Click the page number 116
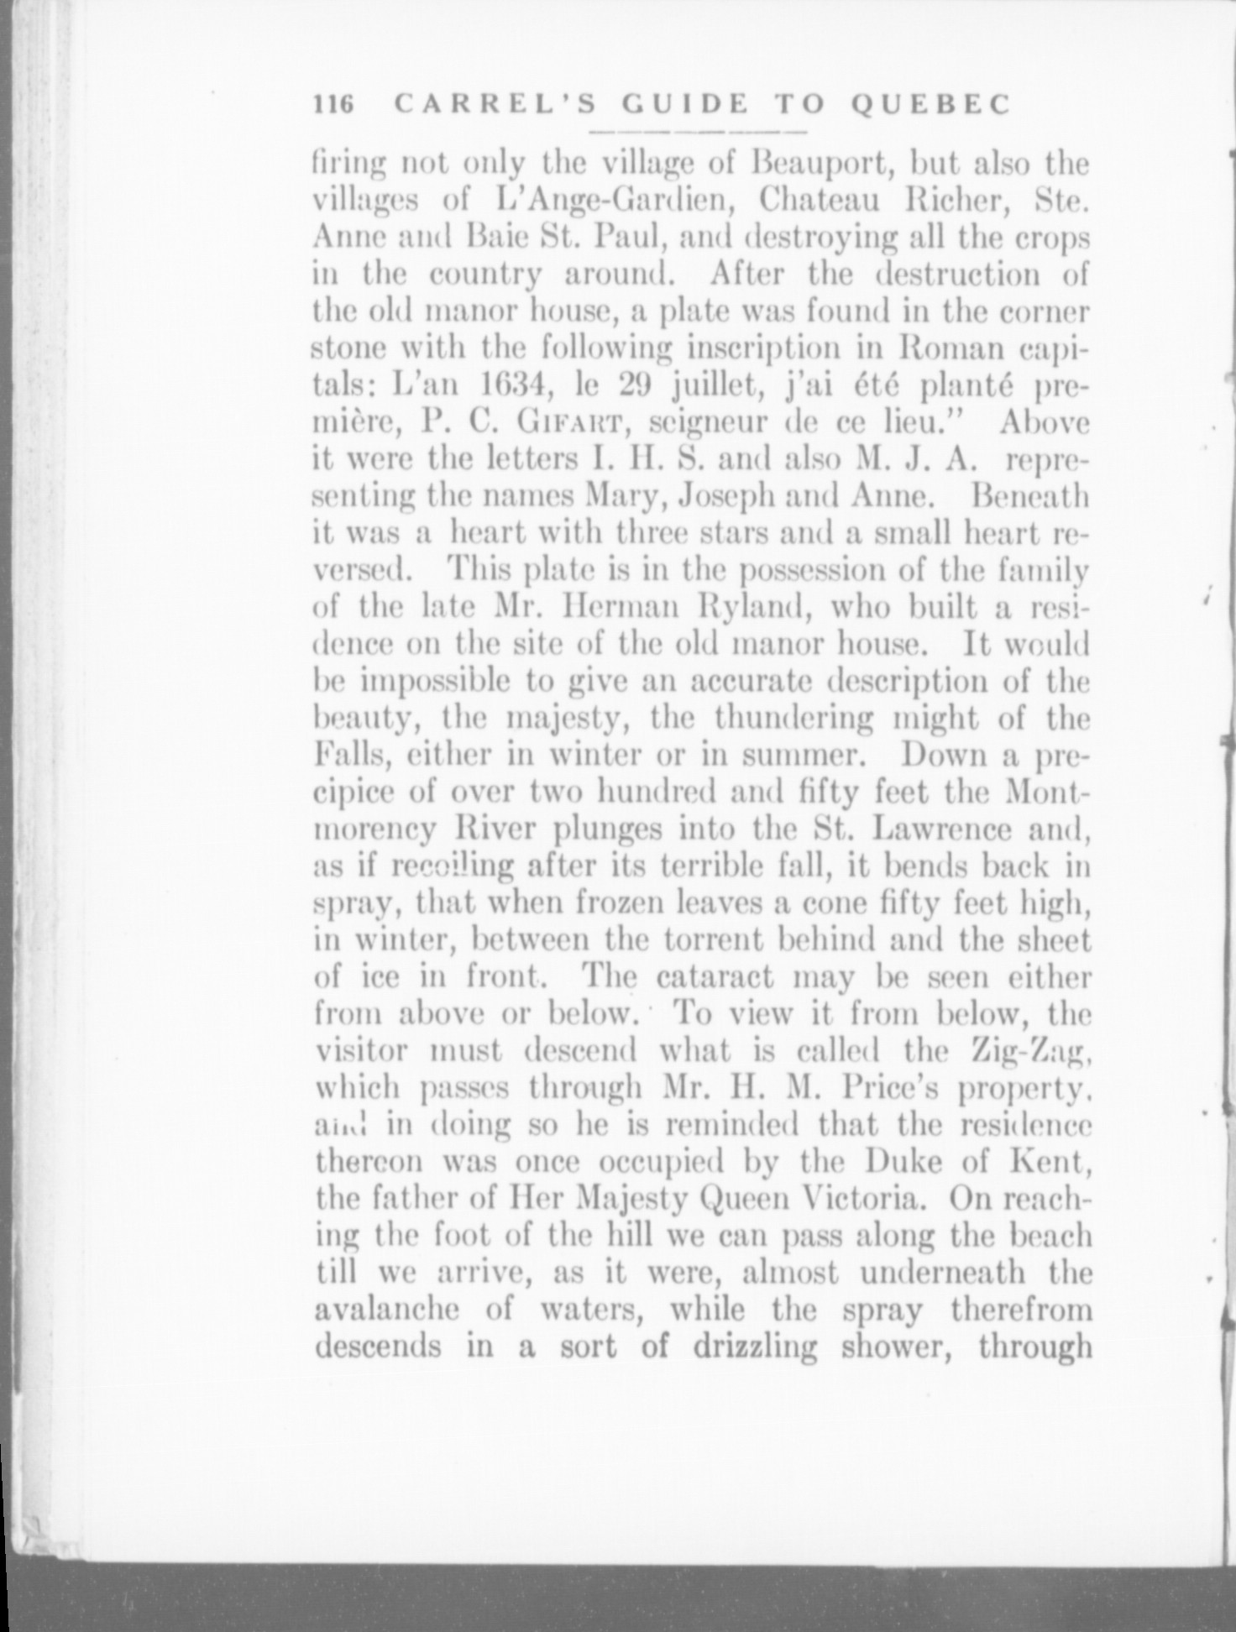(334, 105)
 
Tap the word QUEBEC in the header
(930, 105)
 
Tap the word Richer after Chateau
(956, 201)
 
